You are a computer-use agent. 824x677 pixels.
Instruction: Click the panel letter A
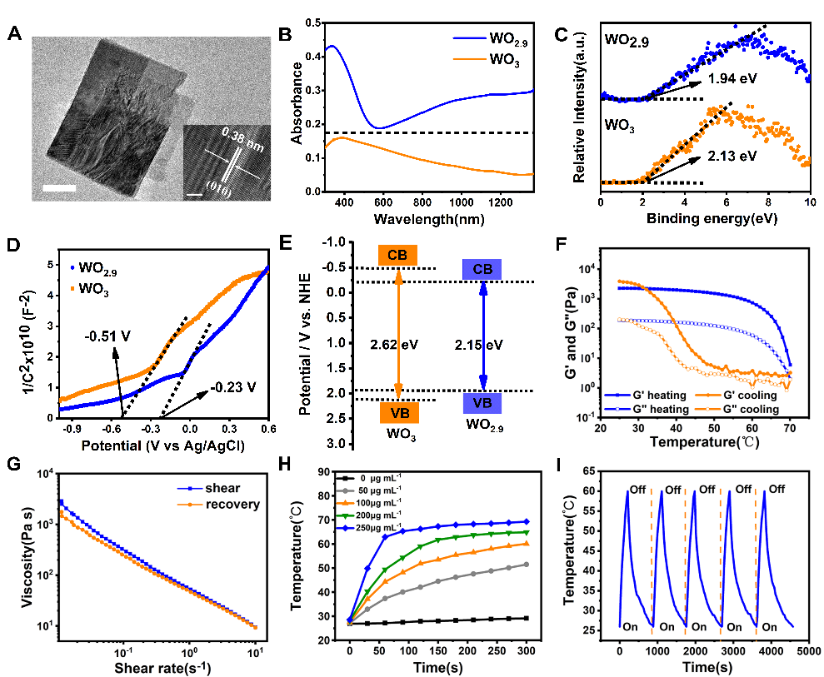point(14,34)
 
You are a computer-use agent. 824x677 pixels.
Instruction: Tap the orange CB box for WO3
point(398,255)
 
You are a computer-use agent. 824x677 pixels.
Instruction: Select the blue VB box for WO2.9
point(482,402)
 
